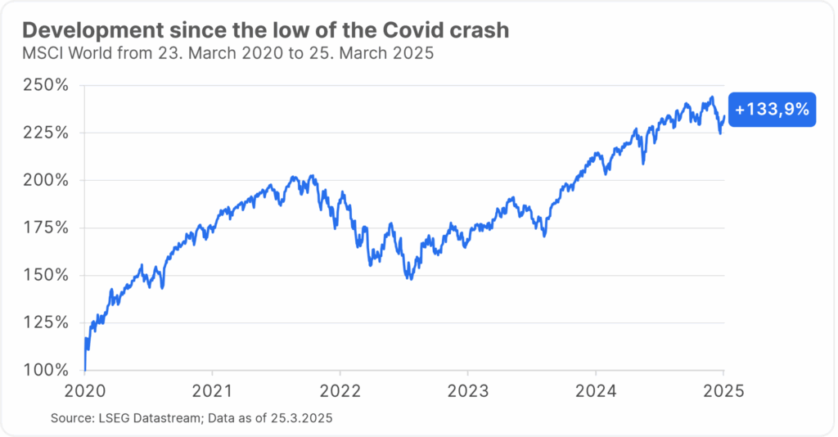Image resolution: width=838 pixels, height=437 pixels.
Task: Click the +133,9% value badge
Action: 772,110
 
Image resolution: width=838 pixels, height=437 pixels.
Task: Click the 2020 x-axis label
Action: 85,390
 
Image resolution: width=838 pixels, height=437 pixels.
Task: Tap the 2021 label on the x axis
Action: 213,390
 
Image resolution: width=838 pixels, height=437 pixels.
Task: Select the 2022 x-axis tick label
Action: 340,390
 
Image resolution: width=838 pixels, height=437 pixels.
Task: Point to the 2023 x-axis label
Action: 468,390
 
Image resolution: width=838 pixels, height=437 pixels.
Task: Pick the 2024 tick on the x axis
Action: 596,390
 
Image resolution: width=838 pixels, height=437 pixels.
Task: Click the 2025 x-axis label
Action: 723,390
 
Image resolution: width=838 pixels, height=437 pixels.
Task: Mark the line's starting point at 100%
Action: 85,369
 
